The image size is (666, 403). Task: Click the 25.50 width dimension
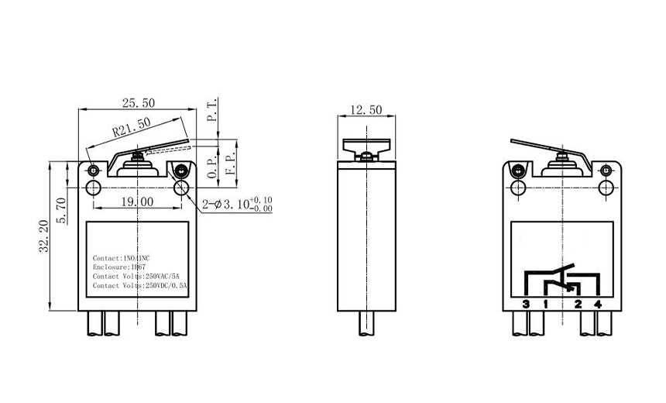coord(137,102)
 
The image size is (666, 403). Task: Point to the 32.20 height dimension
coord(43,234)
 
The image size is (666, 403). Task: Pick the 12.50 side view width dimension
coord(366,111)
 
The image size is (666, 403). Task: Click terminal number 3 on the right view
coord(526,304)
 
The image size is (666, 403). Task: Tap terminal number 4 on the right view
coord(597,304)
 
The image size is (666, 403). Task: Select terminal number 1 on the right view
coord(545,304)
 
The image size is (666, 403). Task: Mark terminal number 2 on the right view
coord(578,304)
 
